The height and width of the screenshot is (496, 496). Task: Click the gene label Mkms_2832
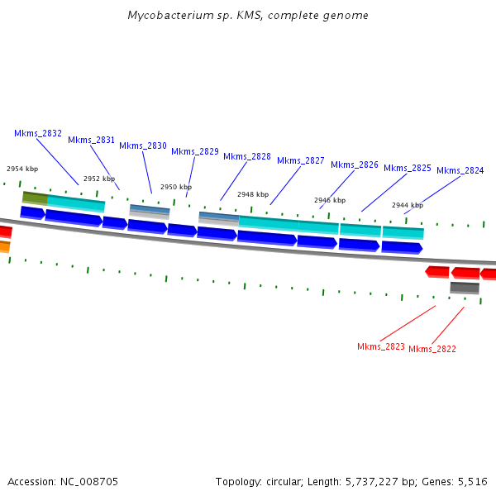[38, 133]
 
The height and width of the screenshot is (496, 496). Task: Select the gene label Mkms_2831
[91, 140]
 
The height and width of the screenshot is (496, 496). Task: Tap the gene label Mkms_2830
[143, 145]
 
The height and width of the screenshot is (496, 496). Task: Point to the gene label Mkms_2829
[195, 151]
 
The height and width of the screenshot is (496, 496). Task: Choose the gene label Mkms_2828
[247, 156]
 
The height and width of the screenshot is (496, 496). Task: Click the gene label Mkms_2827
[301, 160]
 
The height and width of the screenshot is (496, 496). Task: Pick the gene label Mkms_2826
[355, 165]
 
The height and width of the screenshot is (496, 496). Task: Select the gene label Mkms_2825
[408, 168]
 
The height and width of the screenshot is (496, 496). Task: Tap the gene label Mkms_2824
[460, 170]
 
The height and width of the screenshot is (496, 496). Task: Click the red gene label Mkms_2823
[381, 346]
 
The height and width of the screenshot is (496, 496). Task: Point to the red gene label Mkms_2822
[432, 349]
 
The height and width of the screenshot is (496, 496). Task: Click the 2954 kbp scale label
[22, 169]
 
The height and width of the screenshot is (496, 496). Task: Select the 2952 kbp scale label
[99, 179]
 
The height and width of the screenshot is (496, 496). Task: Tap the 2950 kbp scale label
[176, 187]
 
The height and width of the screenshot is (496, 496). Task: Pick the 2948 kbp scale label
[253, 194]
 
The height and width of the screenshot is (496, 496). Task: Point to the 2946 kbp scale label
[330, 200]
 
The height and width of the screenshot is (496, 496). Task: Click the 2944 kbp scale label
[408, 205]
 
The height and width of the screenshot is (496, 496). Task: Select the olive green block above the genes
[35, 198]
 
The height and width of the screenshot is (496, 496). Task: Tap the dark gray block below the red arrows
[465, 288]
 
